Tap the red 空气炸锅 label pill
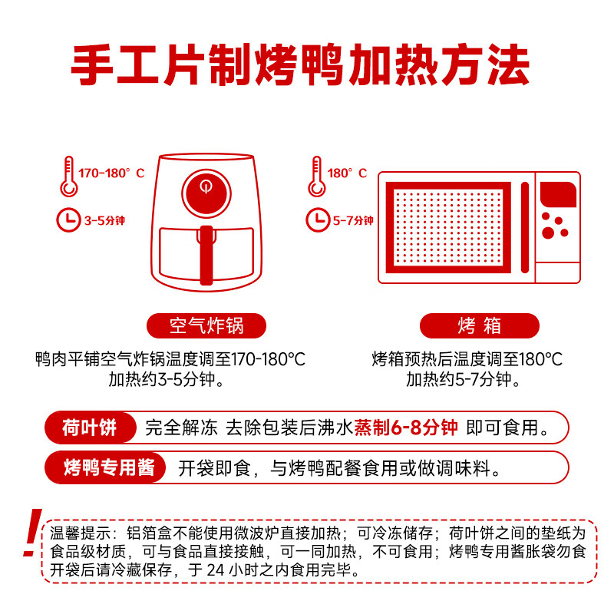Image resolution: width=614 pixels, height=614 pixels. (x=206, y=325)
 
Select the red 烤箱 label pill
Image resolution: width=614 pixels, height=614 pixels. (x=479, y=325)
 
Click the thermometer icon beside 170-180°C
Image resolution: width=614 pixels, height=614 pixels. (x=68, y=175)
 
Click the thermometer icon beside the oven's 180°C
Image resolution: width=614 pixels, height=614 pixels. (x=315, y=175)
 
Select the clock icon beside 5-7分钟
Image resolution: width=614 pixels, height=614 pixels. (x=318, y=220)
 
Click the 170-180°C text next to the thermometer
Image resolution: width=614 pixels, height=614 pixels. (x=111, y=173)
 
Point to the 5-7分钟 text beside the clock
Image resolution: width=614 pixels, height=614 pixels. (x=353, y=221)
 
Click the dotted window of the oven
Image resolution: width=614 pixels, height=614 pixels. (x=448, y=227)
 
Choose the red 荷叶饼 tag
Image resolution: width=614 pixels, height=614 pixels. (x=90, y=428)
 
